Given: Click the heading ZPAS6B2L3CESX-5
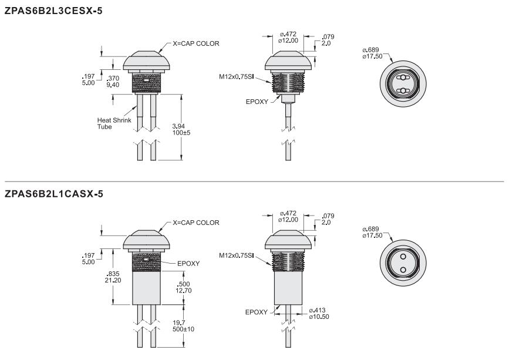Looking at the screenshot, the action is [53, 11].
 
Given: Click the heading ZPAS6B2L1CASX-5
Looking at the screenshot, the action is [53, 194].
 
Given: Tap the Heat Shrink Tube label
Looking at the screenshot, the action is [114, 123].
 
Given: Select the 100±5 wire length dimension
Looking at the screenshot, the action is [181, 133].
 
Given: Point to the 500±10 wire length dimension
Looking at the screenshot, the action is [183, 329].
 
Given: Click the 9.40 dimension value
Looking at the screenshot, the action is [113, 85].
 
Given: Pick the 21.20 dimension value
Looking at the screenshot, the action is [113, 280].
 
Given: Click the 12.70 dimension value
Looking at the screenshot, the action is [184, 290].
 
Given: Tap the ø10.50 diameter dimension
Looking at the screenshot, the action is [319, 317].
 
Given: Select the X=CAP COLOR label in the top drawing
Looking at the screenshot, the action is [196, 43].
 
